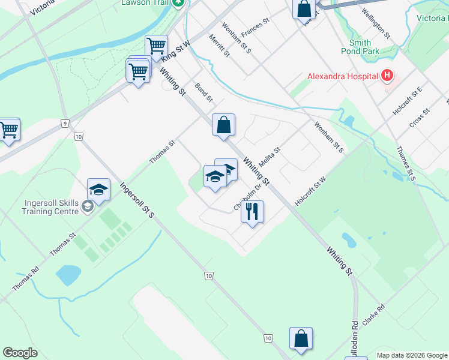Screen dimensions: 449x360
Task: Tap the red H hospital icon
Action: tap(387, 76)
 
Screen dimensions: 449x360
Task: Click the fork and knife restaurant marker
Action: tap(253, 211)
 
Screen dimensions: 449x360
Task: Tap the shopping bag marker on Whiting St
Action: tap(223, 125)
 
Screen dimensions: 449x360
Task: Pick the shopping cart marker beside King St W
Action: tap(156, 46)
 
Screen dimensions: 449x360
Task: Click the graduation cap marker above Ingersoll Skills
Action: tap(98, 190)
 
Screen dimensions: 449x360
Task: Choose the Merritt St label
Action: tap(219, 45)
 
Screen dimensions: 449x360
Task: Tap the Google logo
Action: tap(20, 353)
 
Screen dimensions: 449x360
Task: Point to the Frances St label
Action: tap(253, 26)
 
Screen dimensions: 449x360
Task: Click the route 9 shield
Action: tap(64, 124)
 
